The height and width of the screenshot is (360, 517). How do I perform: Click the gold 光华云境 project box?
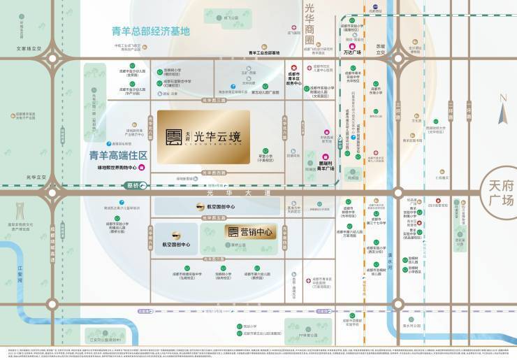click(x=203, y=136)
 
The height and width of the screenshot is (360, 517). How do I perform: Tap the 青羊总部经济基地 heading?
click(x=151, y=31)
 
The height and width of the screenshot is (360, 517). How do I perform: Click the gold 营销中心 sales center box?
click(x=251, y=231)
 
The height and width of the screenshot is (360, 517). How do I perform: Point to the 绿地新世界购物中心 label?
click(x=112, y=168)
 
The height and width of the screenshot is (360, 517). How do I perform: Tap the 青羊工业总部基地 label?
click(x=263, y=52)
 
